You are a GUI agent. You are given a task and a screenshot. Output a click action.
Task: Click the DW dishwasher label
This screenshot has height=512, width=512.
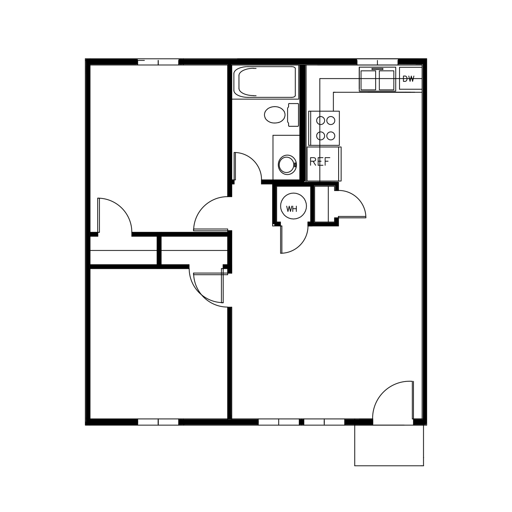(x=409, y=79)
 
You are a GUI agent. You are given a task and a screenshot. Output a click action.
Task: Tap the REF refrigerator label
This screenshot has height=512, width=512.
(x=320, y=162)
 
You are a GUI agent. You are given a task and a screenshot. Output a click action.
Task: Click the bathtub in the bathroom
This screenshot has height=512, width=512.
(x=265, y=82)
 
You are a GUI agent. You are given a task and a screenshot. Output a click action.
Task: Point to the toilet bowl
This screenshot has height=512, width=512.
(x=274, y=115)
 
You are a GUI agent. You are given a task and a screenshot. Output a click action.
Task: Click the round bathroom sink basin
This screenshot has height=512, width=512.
(x=287, y=165)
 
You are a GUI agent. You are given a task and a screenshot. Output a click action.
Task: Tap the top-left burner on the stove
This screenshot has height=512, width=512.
(x=321, y=121)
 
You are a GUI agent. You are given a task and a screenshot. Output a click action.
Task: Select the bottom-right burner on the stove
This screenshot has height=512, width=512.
(x=331, y=136)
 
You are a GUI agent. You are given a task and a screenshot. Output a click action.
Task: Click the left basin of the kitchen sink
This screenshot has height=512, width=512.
(x=368, y=80)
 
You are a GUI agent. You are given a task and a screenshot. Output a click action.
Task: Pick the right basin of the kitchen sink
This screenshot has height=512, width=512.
(x=387, y=80)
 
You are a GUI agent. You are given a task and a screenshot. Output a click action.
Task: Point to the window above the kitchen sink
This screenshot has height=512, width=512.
(x=377, y=62)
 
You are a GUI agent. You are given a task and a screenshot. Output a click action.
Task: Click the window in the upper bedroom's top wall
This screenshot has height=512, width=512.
(x=158, y=62)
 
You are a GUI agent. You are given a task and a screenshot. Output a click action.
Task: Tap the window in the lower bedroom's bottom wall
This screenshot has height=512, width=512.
(x=158, y=422)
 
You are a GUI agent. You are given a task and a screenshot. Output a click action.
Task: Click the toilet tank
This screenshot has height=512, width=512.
(x=294, y=115)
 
